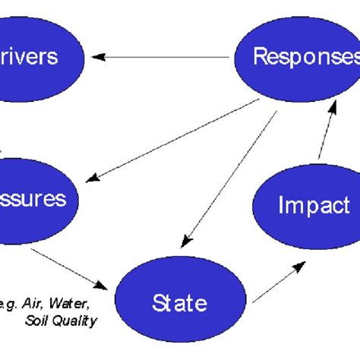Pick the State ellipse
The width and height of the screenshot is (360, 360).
(x=179, y=304)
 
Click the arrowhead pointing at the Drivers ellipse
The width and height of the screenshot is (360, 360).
(x=94, y=55)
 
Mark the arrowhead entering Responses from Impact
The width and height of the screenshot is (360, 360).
(x=332, y=103)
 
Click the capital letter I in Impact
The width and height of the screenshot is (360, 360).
(x=283, y=205)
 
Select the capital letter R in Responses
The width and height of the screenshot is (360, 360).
(x=258, y=57)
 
